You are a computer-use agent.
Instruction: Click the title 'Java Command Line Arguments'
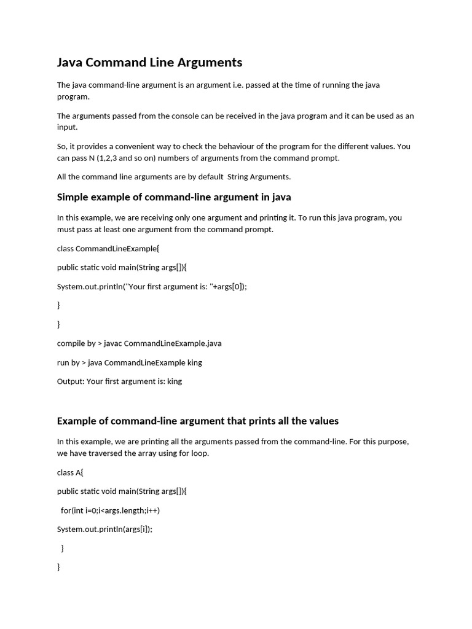149,62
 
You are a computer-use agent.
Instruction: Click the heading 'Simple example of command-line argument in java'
174,197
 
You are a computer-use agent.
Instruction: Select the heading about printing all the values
197,421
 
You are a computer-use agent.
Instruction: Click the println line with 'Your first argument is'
152,287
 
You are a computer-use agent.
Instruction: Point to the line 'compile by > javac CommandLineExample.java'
139,343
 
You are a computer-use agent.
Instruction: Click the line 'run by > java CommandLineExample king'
129,362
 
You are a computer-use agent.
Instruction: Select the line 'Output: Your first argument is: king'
119,381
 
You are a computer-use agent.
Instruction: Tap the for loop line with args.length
110,510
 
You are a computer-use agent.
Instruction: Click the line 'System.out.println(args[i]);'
104,529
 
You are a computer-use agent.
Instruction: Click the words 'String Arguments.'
259,177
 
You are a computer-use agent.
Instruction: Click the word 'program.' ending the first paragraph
73,96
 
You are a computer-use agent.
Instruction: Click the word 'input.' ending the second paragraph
67,127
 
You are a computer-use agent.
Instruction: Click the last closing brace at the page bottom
59,568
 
